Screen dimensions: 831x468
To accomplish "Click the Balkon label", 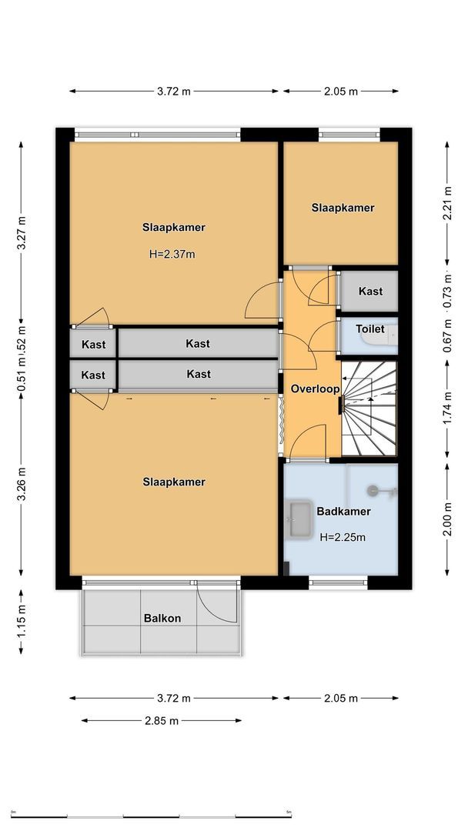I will pos(162,618).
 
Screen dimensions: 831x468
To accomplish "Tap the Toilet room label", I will pos(369,329).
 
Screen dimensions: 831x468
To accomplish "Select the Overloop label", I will pos(315,389).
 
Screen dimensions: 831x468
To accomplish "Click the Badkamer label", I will pos(343,511).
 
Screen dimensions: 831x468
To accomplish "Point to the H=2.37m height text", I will pos(172,253).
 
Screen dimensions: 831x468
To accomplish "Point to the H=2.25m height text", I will pos(343,537).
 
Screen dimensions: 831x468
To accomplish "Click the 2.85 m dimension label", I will pos(162,721).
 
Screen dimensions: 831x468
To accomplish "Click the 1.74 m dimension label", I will pos(447,412).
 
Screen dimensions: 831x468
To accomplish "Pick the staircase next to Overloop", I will pos(369,409).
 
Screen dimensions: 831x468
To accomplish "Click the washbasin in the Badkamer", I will pos(297,521).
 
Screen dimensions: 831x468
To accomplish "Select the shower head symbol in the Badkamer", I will pos(374,489).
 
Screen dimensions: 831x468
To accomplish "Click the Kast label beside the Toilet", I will pos(370,292).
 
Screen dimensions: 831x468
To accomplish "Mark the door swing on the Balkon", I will pos(216,602).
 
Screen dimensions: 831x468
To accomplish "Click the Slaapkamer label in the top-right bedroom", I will pos(343,208).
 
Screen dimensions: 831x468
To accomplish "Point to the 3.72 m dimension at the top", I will pos(173,91).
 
